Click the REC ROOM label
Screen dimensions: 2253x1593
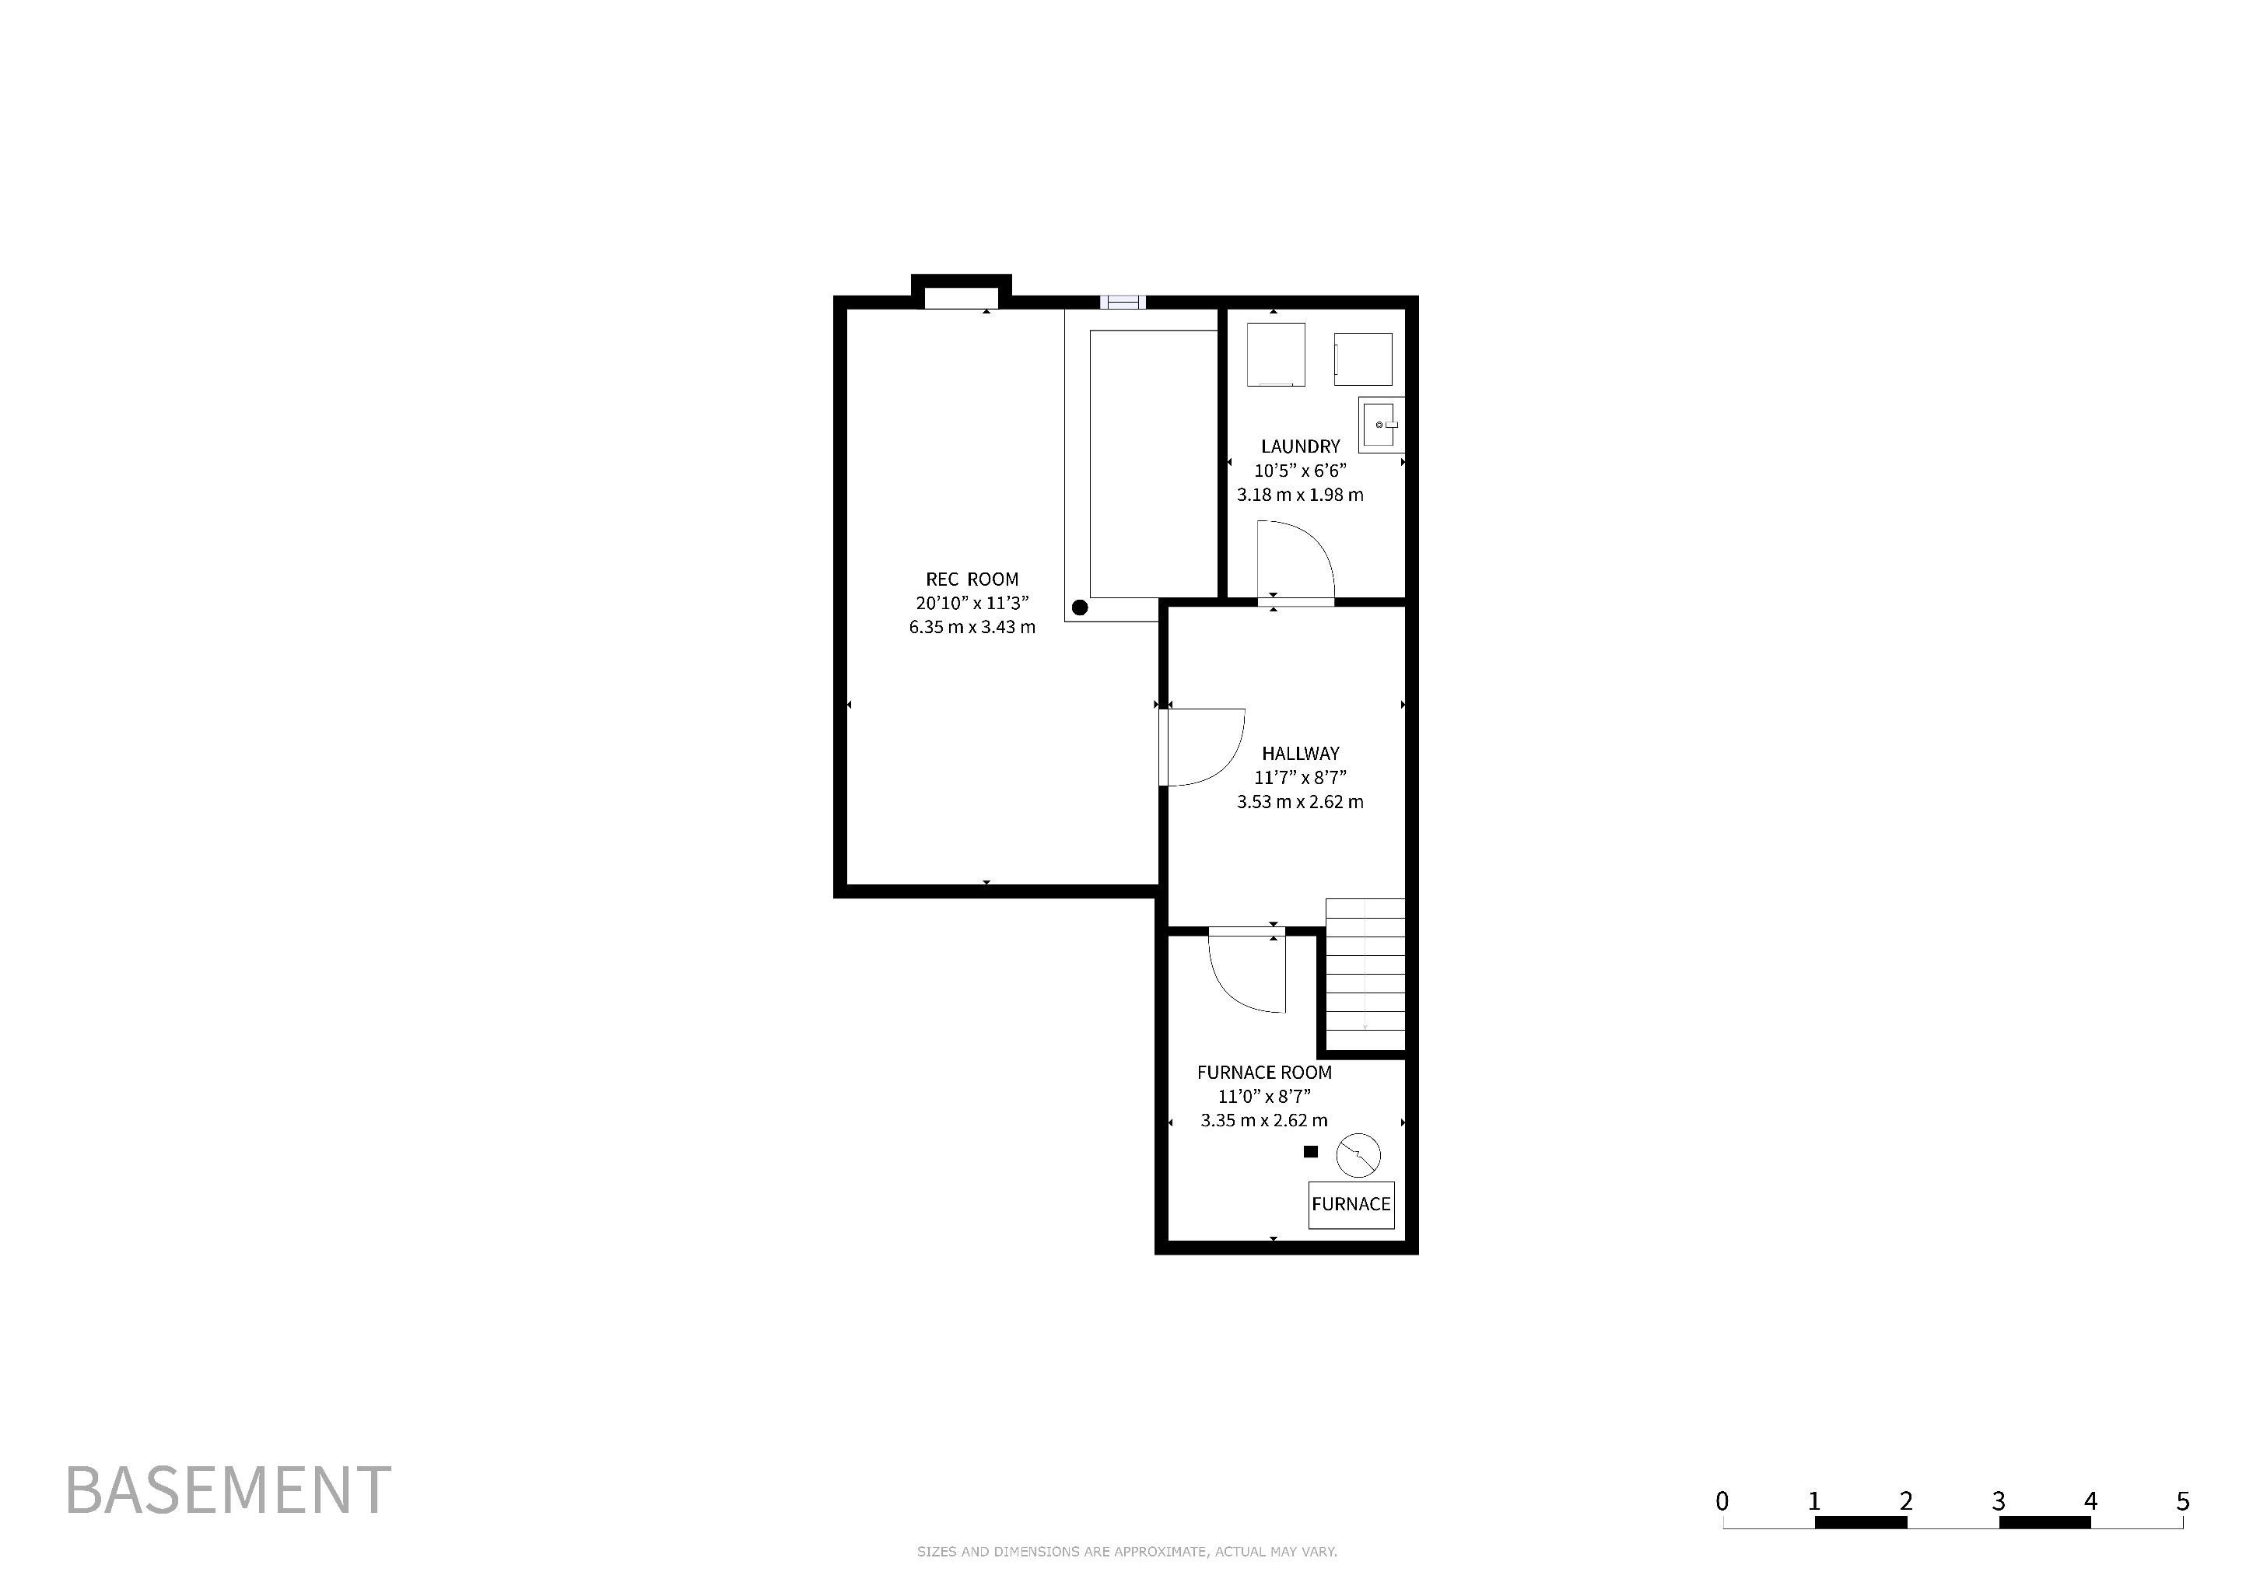tap(972, 579)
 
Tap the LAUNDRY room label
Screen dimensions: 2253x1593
tap(1300, 446)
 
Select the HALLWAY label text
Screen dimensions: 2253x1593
tap(1300, 754)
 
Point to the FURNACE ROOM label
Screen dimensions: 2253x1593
tap(1264, 1072)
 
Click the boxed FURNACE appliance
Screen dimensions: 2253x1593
tap(1351, 1205)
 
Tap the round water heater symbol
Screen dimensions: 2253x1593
tap(1358, 1156)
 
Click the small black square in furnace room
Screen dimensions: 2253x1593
tap(1310, 1152)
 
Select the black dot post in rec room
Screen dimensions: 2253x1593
tap(1079, 607)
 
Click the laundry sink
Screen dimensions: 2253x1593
tap(1382, 425)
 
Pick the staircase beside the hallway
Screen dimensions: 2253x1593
tap(1365, 975)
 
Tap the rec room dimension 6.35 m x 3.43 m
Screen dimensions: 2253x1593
tap(972, 627)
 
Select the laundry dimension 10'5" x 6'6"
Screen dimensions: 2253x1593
tap(1300, 471)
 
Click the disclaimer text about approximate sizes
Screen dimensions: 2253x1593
tap(1126, 1552)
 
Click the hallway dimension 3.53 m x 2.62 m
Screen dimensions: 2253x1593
tap(1300, 801)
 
